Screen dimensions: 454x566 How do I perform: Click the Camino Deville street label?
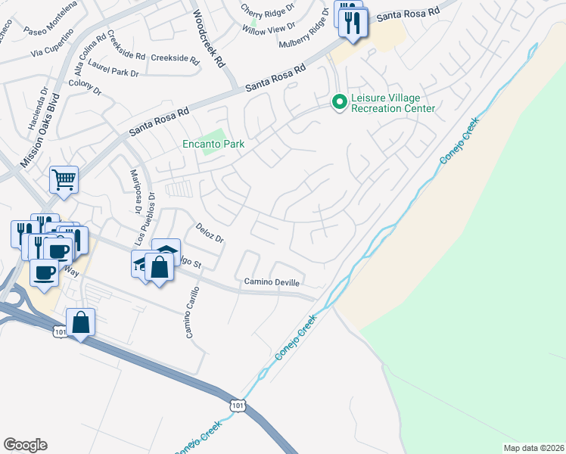click(272, 282)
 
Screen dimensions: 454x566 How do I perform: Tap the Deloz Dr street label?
click(210, 233)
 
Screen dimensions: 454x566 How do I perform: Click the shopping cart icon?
click(64, 180)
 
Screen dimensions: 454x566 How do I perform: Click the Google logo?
click(25, 444)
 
